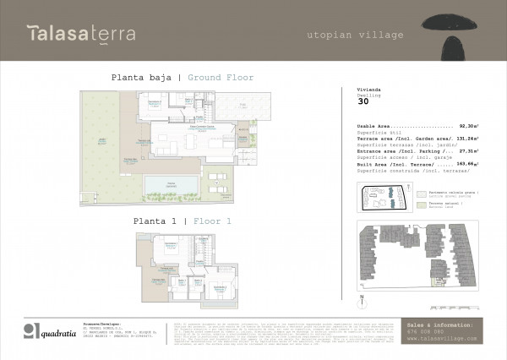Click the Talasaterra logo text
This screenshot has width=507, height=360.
(x=77, y=33)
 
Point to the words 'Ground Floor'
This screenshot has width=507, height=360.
(x=221, y=77)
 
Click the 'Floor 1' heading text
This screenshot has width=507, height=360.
(x=212, y=221)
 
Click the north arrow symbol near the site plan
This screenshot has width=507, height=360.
(x=361, y=297)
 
